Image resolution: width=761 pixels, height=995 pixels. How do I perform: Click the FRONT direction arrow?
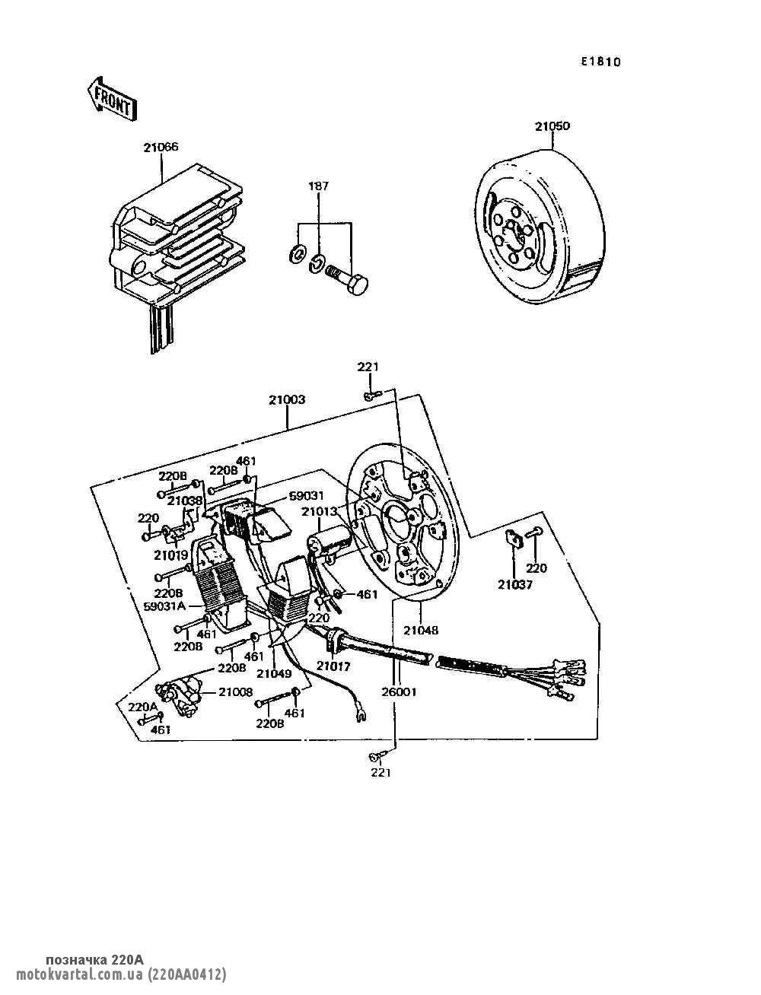point(111,98)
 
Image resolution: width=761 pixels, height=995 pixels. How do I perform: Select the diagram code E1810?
point(600,62)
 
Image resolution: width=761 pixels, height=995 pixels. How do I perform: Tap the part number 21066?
point(161,148)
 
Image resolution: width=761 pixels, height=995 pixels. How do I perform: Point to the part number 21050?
point(552,126)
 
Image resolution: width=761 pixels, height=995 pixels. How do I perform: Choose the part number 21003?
point(287,399)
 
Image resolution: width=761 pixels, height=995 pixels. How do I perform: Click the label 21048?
point(422,630)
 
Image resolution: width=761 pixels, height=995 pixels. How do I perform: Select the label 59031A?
point(164,606)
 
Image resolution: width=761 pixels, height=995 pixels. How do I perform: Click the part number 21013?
point(320,512)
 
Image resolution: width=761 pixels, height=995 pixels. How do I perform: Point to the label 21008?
point(235,691)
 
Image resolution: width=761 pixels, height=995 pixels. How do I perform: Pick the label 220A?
point(142,707)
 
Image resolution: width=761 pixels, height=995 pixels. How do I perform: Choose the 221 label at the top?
point(368,367)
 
